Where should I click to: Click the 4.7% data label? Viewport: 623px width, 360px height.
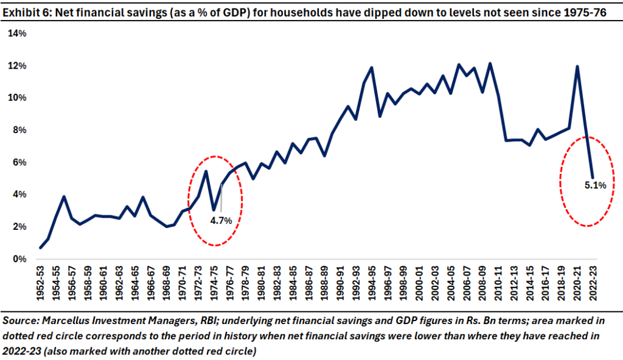[x=221, y=220]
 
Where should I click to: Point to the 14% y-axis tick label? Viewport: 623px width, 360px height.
[x=17, y=34]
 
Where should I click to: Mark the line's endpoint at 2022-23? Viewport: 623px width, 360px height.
[x=593, y=177]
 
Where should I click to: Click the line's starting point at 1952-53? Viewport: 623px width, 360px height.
[x=41, y=247]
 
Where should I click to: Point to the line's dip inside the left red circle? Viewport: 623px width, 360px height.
[x=214, y=209]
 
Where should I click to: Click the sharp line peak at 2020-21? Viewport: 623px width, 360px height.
[x=577, y=67]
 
